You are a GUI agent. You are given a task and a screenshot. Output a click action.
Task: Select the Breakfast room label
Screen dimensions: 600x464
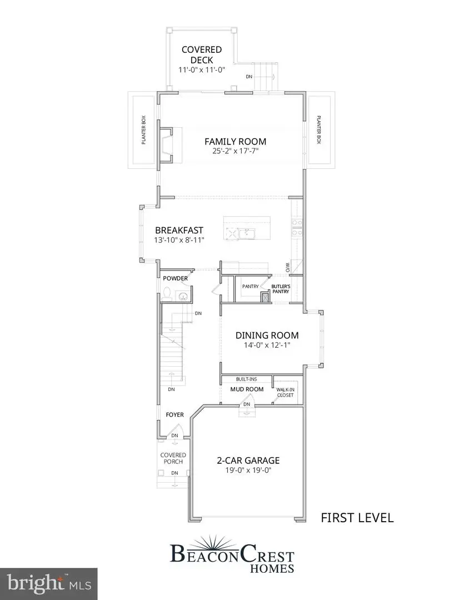(179, 230)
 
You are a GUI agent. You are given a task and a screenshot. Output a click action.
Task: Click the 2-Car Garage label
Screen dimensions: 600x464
(247, 461)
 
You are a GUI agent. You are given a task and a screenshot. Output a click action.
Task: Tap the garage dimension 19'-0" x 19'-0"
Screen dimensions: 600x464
(247, 471)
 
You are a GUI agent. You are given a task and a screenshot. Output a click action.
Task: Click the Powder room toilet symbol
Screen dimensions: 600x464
(167, 293)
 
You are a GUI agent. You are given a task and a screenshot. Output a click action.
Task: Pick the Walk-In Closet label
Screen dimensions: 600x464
(286, 393)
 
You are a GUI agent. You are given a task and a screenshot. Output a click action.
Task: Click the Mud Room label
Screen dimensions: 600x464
(247, 389)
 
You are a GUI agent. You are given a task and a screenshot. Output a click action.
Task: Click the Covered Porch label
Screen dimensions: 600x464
(173, 458)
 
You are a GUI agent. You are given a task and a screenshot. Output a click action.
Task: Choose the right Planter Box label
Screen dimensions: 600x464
(319, 130)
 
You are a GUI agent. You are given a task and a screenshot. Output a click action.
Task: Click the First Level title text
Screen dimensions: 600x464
(357, 518)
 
